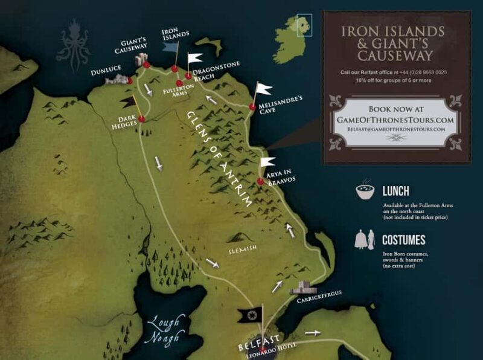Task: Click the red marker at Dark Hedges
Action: point(141,120)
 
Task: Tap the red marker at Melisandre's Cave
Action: point(252,107)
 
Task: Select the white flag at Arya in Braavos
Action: point(267,161)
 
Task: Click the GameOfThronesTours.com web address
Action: point(396,120)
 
